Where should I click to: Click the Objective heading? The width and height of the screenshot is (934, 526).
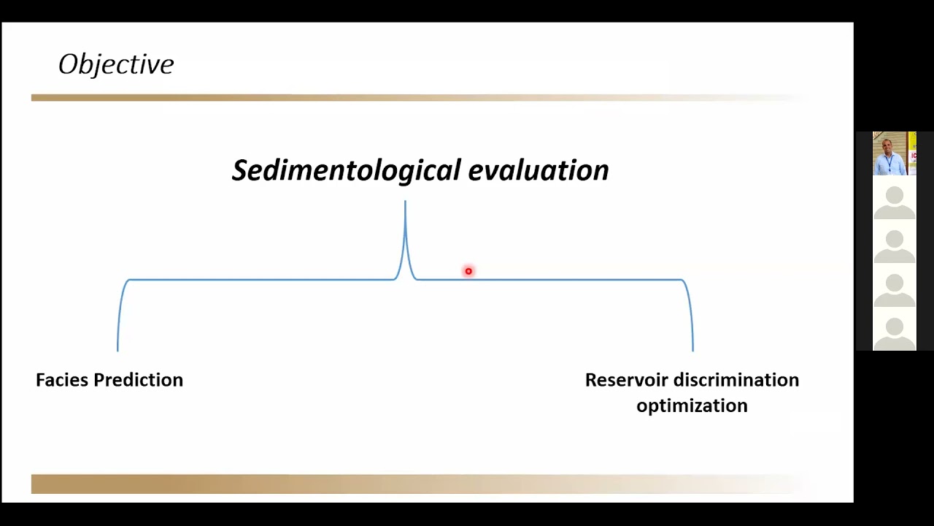coord(116,64)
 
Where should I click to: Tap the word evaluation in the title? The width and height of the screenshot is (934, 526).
coord(538,170)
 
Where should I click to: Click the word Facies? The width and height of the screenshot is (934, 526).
coord(62,380)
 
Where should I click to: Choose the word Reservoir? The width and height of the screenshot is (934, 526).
coord(627,380)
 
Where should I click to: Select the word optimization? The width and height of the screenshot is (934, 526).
coord(692,405)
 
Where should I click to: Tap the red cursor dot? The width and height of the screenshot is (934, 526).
coord(468,272)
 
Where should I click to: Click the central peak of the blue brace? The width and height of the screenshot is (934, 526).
coord(405,205)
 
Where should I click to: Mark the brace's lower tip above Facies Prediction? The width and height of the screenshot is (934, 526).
coord(117,348)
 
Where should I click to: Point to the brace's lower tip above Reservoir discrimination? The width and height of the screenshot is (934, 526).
coord(692,348)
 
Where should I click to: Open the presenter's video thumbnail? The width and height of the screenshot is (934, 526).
coord(894,153)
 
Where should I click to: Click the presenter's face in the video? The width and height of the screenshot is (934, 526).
coord(888,145)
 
